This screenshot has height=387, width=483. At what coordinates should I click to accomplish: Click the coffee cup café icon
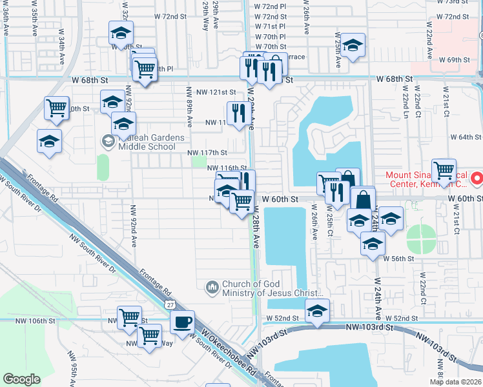tap(182, 322)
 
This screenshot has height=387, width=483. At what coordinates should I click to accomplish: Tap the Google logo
tap(22, 379)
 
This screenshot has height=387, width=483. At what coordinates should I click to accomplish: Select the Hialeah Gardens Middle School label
tap(146, 142)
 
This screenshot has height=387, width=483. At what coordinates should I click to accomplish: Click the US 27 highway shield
tap(169, 303)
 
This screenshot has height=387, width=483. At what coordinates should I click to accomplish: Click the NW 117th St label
tap(207, 153)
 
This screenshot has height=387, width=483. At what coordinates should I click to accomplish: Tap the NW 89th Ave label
tap(190, 106)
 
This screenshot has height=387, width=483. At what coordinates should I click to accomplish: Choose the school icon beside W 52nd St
tap(317, 311)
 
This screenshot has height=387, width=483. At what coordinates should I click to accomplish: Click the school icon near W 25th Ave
tap(353, 45)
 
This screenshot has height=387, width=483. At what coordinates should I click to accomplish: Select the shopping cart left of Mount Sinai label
tap(444, 171)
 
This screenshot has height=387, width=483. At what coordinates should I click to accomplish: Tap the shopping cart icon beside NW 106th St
tap(129, 317)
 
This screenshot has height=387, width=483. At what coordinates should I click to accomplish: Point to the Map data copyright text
tap(455, 382)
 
